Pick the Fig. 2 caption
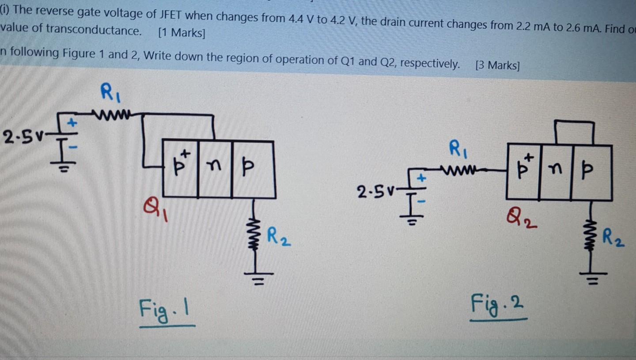coord(498,304)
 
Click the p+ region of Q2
coord(524,172)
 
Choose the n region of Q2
coord(555,172)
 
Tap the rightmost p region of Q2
coord(591,172)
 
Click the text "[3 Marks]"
coord(497,66)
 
